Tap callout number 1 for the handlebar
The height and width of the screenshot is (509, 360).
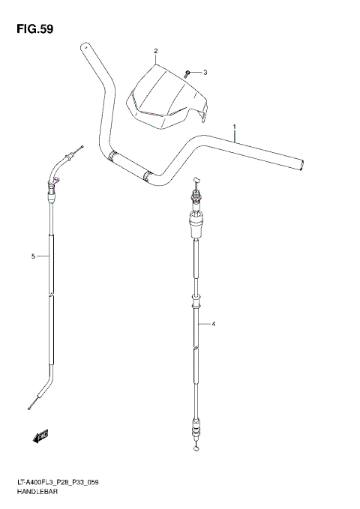235,127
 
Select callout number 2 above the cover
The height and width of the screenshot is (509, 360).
155,52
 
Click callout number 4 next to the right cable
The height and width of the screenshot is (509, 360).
214,324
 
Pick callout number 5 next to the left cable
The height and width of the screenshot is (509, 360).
33,256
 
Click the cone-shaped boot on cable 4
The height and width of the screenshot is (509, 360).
197,221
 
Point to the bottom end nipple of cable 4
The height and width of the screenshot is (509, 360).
196,449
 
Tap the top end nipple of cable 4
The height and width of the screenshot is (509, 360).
196,181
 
